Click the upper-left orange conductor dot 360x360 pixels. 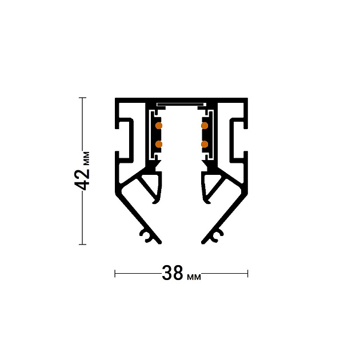(159, 125)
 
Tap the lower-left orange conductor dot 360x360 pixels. (159, 144)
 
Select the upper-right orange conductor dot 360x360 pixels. (204, 125)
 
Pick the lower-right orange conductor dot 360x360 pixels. (204, 144)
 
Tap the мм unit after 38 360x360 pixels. (194, 277)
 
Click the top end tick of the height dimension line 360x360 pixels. (83, 98)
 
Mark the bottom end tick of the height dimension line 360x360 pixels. (83, 245)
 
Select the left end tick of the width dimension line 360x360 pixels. (115, 274)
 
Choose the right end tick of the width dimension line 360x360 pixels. (247, 274)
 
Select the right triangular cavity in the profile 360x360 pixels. (213, 186)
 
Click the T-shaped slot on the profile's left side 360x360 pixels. (126, 137)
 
